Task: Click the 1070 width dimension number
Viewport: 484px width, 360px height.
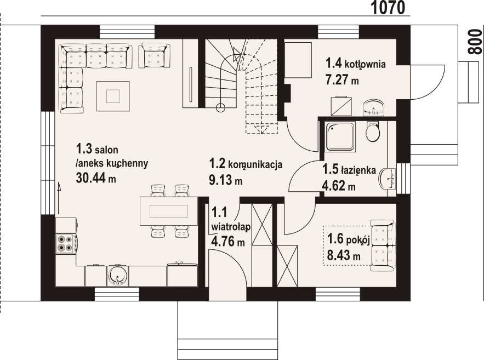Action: pos(388,8)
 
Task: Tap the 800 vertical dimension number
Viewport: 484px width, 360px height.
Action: pos(475,42)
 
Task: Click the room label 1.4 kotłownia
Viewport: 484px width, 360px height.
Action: pos(356,64)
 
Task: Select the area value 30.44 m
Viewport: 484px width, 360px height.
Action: pos(96,178)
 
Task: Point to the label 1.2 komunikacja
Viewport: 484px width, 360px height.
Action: pos(246,164)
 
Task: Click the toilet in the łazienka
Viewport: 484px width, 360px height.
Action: pos(373,131)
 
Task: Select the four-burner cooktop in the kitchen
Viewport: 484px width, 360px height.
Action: pos(65,243)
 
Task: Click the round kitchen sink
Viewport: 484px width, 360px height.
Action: pos(118,275)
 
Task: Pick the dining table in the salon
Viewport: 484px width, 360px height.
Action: pos(169,212)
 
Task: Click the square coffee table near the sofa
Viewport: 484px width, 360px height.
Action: pos(113,96)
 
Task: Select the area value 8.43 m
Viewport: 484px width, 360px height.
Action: pos(344,255)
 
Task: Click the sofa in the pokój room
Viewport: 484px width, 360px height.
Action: pos(383,245)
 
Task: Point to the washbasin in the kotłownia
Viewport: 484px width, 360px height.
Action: pos(373,107)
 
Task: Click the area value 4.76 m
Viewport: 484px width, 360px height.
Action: pos(228,241)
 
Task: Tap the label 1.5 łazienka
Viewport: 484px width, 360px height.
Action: pos(349,170)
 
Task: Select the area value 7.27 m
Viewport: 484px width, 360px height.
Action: pos(342,80)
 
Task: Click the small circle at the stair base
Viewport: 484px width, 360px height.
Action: pos(220,107)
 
